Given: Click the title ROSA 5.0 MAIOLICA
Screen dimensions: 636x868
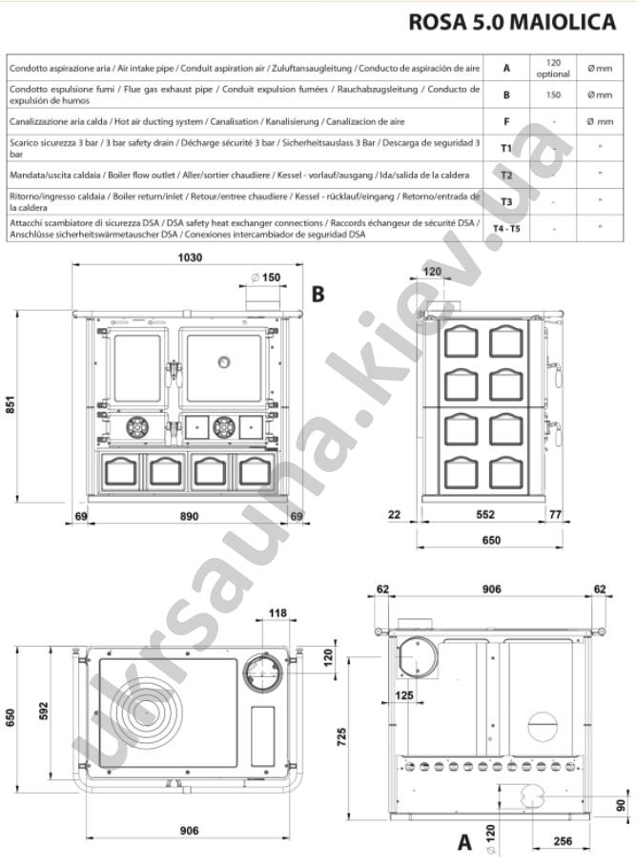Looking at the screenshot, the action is coord(512,22).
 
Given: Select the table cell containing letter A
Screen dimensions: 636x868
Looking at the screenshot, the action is coord(506,68).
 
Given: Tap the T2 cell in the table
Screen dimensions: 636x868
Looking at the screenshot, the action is coord(506,175).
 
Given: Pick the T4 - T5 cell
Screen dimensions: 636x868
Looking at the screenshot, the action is coord(506,228).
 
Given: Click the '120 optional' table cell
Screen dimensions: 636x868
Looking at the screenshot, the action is coord(553,68).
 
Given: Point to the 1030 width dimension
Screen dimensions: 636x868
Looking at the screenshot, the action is coord(190,258).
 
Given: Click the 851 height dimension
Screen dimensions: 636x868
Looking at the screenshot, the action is coord(10,403).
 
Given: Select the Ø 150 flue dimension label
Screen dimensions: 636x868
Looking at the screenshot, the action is coord(266,278).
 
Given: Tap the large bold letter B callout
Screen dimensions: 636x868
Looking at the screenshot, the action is coord(318,294).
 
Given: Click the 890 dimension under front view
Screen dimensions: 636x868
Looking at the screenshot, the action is coord(189,516).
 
